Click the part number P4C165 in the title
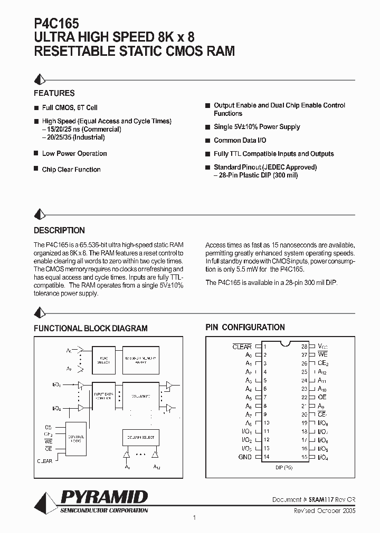coord(56,23)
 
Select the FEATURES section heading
coord(54,93)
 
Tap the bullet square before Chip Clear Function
coord(36,169)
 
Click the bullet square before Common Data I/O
coord(208,141)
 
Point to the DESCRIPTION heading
coord(59,230)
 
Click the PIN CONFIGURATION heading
coord(245,327)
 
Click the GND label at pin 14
coord(245,457)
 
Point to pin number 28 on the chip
coord(305,347)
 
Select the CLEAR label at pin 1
coord(242,347)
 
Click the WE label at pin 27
coord(322,355)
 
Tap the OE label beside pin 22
coord(322,397)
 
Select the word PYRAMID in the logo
coord(104,497)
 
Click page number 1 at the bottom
coord(195,518)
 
